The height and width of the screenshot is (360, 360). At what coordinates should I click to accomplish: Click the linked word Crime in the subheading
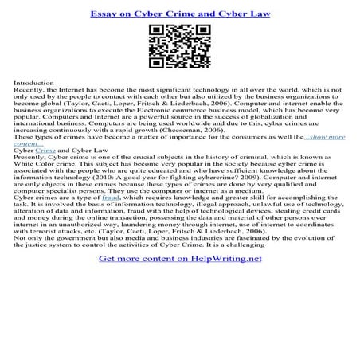pos(45,150)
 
